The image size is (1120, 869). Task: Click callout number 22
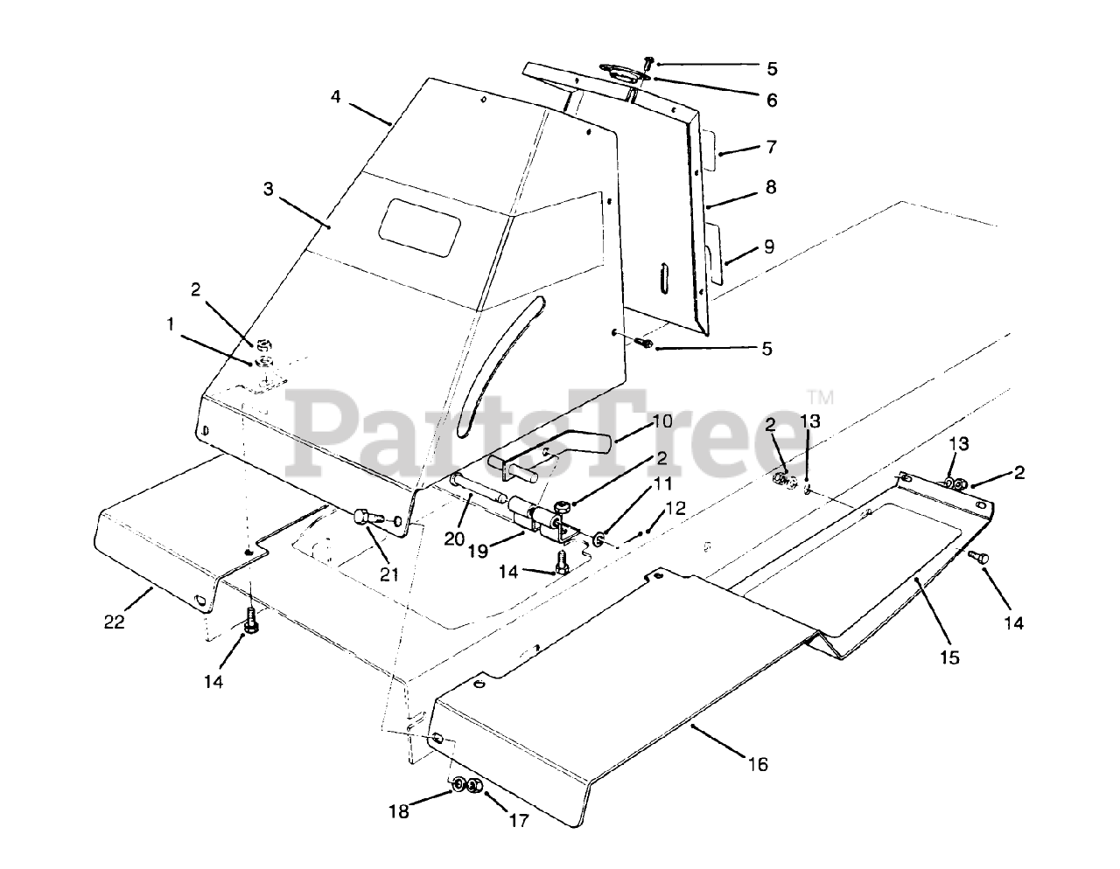coord(115,622)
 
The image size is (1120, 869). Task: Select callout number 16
coord(758,764)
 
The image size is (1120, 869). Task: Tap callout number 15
coord(948,657)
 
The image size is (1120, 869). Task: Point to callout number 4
coord(336,96)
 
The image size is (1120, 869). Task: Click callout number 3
coord(269,189)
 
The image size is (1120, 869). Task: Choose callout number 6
coord(772,101)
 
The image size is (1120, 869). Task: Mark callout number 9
coord(769,247)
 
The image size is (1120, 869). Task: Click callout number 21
coord(389,574)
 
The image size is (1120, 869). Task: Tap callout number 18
coord(398,811)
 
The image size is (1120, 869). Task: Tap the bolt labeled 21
coord(364,518)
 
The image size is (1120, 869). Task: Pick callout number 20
coord(455,539)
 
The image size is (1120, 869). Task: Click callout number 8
coord(770,187)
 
